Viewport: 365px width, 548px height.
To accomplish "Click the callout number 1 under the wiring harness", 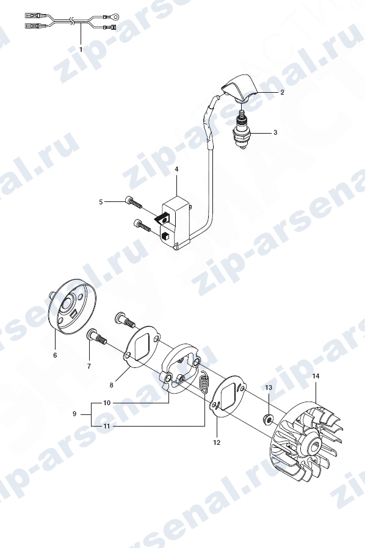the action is click(81, 49).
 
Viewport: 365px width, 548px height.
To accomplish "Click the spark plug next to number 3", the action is click(242, 130).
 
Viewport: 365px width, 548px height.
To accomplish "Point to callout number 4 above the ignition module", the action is click(176, 169).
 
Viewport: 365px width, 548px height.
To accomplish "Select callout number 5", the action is click(101, 202).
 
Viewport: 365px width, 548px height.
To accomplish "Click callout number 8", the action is click(112, 385).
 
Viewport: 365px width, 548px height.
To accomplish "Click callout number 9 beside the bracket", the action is click(74, 414).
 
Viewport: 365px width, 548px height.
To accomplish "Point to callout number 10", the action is click(107, 403).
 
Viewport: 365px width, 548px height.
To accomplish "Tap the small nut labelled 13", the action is click(268, 417).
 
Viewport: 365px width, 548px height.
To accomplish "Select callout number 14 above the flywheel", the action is click(316, 376).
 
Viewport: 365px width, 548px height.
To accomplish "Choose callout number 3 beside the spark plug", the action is click(275, 133).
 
